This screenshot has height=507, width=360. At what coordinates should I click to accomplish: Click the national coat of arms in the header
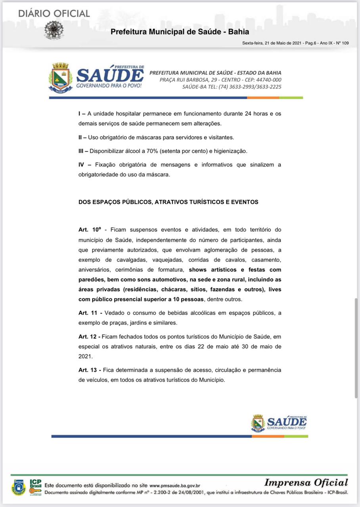coord(54,30)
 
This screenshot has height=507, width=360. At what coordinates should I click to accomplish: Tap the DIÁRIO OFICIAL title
coord(54,13)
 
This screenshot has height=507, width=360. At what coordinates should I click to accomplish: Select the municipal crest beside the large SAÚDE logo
coord(60,78)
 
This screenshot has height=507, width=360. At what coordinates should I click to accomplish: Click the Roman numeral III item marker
coord(82,151)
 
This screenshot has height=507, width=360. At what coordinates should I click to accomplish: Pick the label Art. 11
coord(90,313)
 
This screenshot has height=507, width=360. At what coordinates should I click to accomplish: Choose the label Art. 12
coord(89,337)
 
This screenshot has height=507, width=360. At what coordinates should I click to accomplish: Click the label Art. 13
coord(90,370)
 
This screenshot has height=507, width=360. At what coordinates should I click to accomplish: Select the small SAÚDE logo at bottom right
coord(279,423)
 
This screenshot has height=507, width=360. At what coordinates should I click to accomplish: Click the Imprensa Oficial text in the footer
coord(306,482)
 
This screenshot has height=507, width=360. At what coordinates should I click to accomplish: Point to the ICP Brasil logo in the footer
coord(35,486)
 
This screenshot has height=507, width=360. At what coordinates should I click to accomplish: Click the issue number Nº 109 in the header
coord(342,43)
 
